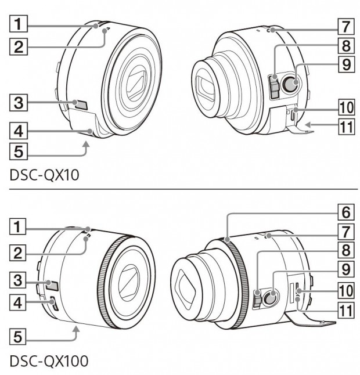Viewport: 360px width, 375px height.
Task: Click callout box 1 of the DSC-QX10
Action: pyautogui.click(x=19, y=24)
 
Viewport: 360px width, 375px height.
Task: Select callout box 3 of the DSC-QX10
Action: pyautogui.click(x=19, y=103)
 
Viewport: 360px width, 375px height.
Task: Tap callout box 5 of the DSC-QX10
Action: pyautogui.click(x=19, y=152)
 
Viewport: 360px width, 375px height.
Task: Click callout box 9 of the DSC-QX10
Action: pyautogui.click(x=346, y=64)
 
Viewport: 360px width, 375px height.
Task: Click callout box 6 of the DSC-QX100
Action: pyautogui.click(x=346, y=212)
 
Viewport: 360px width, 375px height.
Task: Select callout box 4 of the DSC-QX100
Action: pyautogui.click(x=17, y=302)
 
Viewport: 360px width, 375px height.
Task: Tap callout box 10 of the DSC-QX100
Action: pyautogui.click(x=346, y=290)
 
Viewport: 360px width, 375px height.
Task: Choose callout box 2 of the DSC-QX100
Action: pyautogui.click(x=17, y=253)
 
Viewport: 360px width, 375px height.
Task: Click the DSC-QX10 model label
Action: pyautogui.click(x=45, y=175)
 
